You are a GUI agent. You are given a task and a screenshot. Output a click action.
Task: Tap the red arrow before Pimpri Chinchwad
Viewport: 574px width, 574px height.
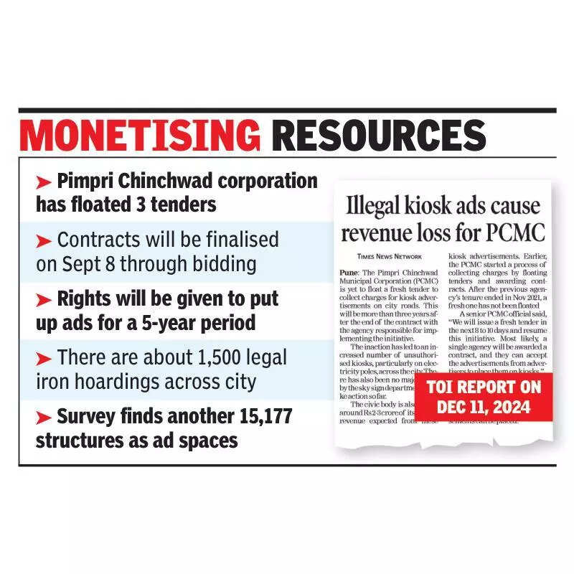44,180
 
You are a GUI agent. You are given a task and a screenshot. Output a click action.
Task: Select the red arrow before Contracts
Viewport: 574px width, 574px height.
44,240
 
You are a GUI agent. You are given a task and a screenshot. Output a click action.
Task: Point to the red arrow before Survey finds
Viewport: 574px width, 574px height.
44,417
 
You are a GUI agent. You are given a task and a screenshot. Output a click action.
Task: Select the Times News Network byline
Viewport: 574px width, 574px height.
390,256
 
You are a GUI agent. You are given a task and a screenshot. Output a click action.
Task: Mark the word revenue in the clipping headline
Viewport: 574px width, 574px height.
379,232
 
